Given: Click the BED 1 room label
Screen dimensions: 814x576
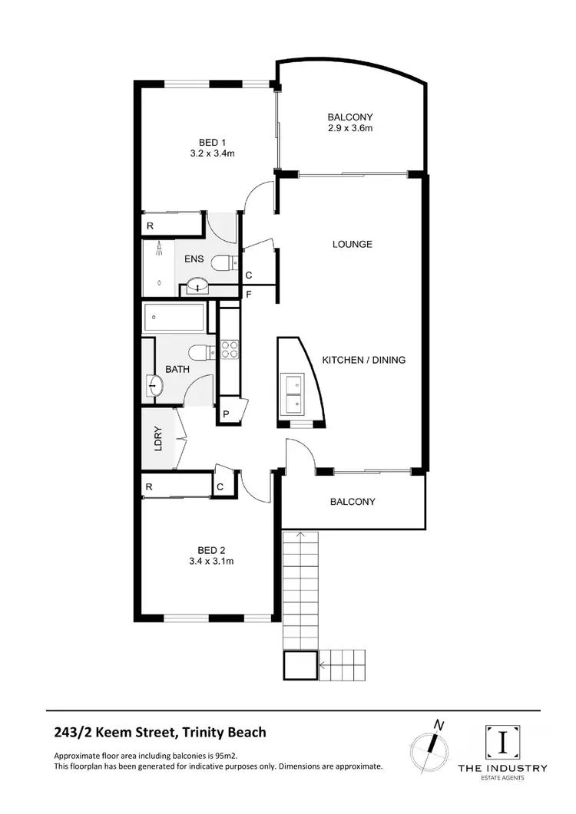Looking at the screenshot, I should [x=212, y=142].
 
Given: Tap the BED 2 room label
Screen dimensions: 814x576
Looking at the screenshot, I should [x=211, y=549].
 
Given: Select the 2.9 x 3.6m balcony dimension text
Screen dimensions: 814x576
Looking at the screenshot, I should [x=350, y=128].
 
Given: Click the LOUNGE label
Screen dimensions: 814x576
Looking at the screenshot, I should [x=352, y=244].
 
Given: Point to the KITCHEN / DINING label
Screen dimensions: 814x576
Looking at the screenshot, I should [x=363, y=360].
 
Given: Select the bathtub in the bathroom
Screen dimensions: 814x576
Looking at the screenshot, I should [x=174, y=317].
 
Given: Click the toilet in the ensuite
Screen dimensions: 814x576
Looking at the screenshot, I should [x=221, y=262].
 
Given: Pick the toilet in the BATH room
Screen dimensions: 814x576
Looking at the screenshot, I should [x=200, y=353].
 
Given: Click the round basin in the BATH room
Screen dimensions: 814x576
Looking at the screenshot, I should [x=154, y=385].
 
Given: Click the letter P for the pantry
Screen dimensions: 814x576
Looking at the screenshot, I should [x=227, y=414].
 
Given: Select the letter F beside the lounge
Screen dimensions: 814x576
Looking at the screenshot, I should [x=248, y=293].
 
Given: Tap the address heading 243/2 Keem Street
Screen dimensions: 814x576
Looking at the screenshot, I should [x=161, y=732].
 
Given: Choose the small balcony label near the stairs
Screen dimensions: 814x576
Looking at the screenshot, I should [x=353, y=502].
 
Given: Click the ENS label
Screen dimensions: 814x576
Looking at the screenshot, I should [x=194, y=259].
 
